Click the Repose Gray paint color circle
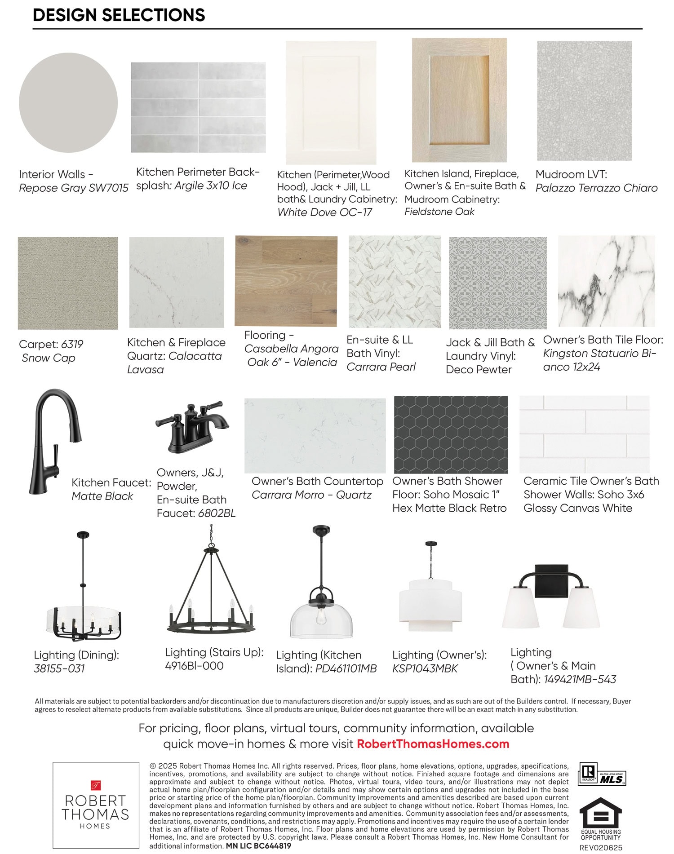point(68,103)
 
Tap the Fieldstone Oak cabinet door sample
point(459,100)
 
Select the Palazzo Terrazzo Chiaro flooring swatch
point(584,101)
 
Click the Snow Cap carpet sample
point(68,283)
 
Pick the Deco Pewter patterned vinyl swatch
point(498,283)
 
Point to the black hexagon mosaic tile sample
point(451,434)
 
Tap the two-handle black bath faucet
point(192,427)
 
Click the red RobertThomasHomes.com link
point(433,744)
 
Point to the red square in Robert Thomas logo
point(96,785)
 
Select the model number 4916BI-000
point(194,666)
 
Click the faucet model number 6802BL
point(217,513)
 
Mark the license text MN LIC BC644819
point(258,845)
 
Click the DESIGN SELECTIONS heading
point(119,15)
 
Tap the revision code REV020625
point(601,848)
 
